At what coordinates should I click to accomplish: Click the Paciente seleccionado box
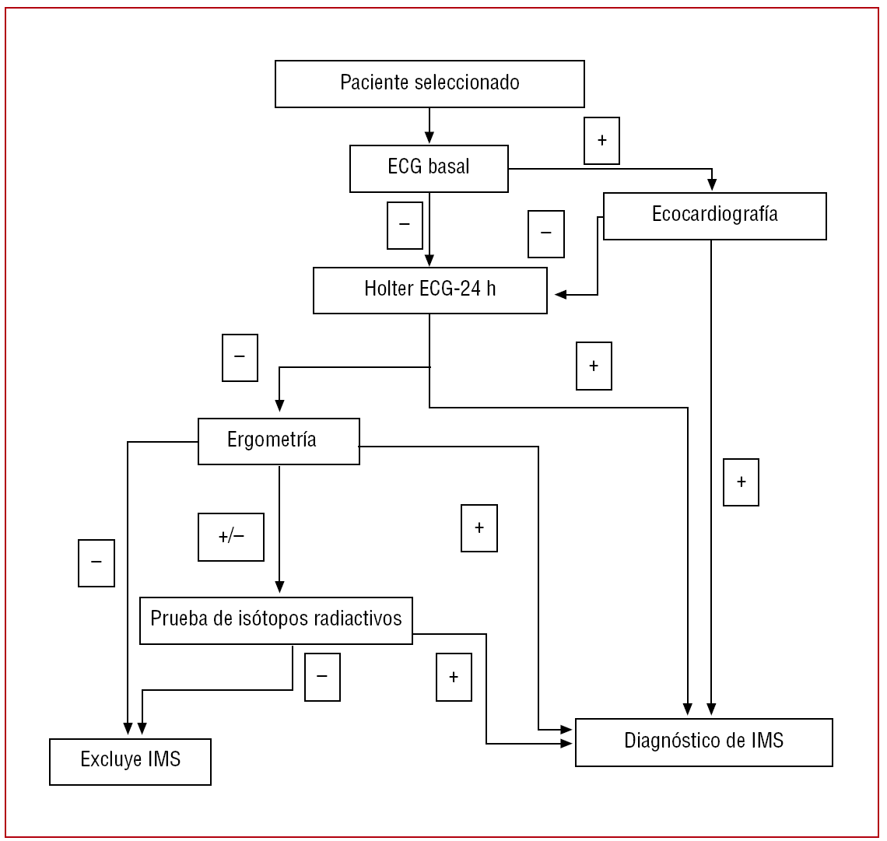point(429,84)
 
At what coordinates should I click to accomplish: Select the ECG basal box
point(429,168)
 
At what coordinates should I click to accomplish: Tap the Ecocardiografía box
point(714,216)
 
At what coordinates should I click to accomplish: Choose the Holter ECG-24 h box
point(429,290)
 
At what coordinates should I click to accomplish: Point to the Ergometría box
point(279,441)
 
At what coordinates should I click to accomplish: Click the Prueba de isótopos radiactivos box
point(275,620)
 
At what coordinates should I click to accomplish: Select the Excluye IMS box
point(130,761)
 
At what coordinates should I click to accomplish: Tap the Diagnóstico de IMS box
point(703,742)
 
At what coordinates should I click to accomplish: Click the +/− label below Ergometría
point(231,537)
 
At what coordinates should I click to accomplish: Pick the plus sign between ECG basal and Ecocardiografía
point(601,141)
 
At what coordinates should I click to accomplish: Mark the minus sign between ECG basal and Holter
point(405,226)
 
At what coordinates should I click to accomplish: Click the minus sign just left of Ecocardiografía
point(545,233)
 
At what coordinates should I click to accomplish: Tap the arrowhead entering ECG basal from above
point(429,138)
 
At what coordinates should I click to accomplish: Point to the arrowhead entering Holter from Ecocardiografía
point(561,295)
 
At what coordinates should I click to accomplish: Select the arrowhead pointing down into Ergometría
point(279,405)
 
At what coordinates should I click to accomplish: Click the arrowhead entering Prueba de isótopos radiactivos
point(279,587)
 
